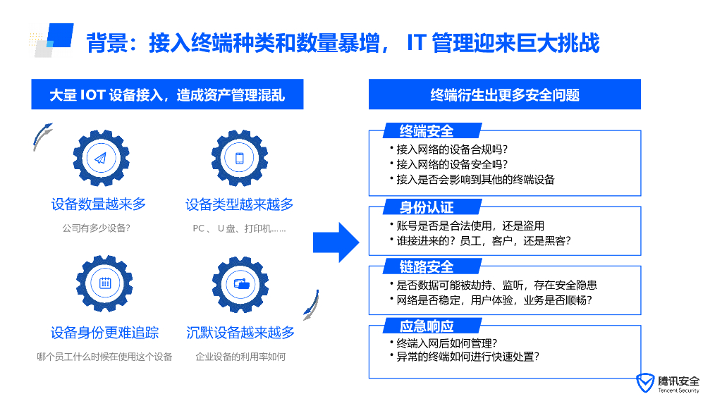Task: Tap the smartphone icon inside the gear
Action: (x=239, y=158)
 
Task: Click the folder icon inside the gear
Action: (x=241, y=284)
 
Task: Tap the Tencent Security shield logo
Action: (x=644, y=383)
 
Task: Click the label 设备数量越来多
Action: (x=99, y=204)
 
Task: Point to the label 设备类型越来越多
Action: (x=240, y=204)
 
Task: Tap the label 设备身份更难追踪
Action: (x=104, y=333)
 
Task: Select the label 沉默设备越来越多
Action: (x=240, y=333)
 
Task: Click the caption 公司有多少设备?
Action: (x=97, y=228)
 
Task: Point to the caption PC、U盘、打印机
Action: (x=239, y=228)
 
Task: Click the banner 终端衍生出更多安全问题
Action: (x=505, y=94)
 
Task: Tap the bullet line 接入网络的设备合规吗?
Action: (x=452, y=149)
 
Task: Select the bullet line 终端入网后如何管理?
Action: (x=447, y=343)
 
